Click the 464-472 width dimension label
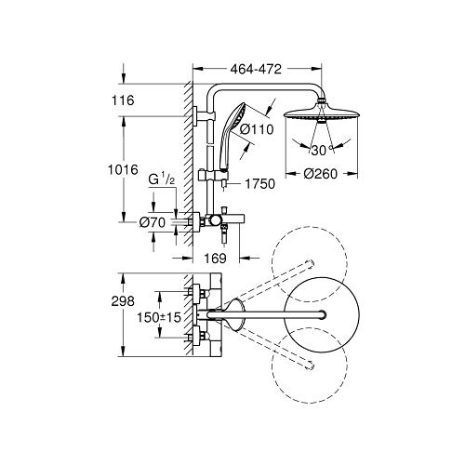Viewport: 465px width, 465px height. pyautogui.click(x=255, y=68)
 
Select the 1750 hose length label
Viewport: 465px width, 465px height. pyautogui.click(x=264, y=184)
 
